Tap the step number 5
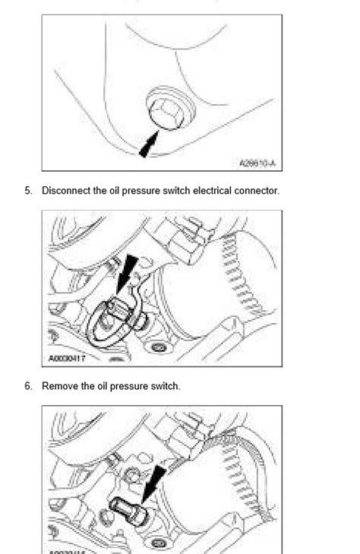pos(28,191)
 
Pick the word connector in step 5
pos(256,191)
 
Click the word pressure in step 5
pos(137,191)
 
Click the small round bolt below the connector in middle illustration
pos(158,348)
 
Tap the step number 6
pos(28,386)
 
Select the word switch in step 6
pos(164,386)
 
